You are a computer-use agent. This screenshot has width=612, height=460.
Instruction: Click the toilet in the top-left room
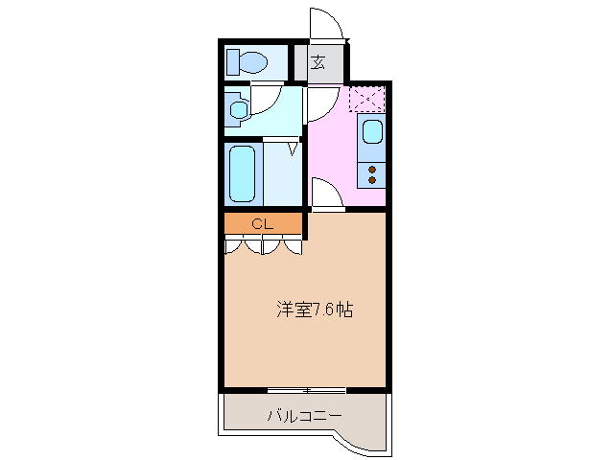(x=247, y=63)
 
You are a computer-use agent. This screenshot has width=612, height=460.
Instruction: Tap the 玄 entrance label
(x=318, y=64)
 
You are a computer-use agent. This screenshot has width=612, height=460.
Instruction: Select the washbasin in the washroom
(x=238, y=110)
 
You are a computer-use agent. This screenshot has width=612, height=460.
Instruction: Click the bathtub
(x=243, y=173)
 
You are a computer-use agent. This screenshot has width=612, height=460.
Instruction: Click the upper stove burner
(x=371, y=169)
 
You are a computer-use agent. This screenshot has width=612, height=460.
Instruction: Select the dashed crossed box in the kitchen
(x=366, y=99)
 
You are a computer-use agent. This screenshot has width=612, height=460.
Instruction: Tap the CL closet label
(x=262, y=224)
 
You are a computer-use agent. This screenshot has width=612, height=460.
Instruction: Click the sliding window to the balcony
(x=306, y=390)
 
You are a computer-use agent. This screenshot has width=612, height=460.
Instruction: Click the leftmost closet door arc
(x=235, y=246)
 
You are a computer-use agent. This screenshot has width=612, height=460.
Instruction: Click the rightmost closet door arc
(x=293, y=246)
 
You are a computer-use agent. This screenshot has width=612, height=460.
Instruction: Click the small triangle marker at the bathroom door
(x=292, y=149)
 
